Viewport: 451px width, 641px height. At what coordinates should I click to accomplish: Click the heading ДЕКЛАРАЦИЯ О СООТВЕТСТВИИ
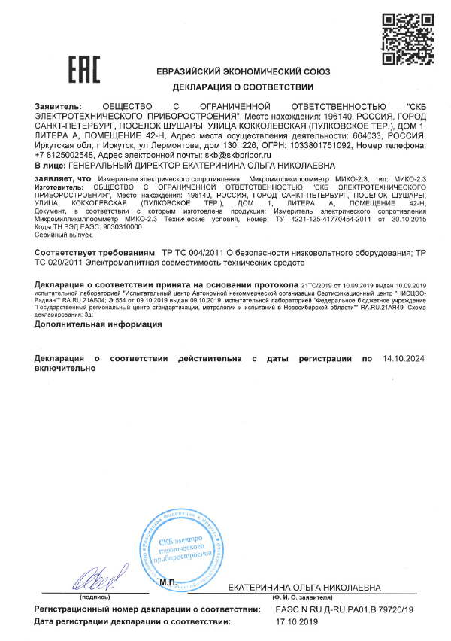(x=226, y=87)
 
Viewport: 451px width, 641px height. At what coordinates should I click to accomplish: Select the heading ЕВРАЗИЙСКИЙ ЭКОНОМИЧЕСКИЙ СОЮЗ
(x=226, y=71)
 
